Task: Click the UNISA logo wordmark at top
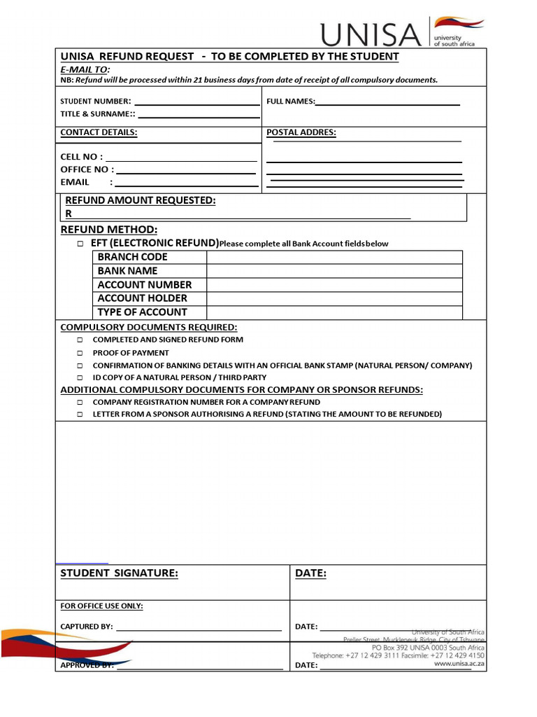371,33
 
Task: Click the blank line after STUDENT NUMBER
196,102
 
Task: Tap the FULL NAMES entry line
387,102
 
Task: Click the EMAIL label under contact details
75,182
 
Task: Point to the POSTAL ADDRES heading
301,132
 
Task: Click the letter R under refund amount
69,214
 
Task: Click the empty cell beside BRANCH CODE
334,257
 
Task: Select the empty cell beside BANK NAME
334,271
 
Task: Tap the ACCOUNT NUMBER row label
144,285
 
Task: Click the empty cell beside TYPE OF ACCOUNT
334,312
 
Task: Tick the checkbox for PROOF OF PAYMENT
80,354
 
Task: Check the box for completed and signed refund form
80,340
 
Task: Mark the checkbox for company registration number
80,403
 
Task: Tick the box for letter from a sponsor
80,415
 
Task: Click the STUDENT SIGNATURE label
119,573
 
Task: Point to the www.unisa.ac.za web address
459,664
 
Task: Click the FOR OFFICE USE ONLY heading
101,606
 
